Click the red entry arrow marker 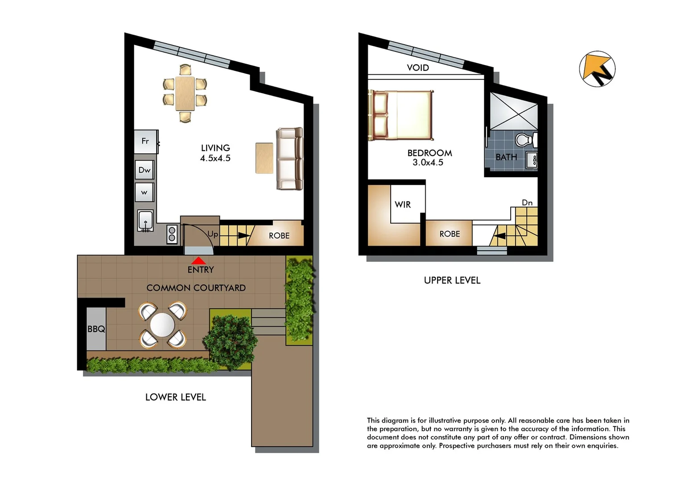click(198, 261)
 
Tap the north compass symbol click(597, 69)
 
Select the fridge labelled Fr click(146, 141)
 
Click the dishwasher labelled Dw click(144, 170)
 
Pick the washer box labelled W click(144, 192)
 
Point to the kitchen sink click(145, 220)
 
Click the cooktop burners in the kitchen click(172, 234)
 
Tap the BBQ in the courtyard click(96, 329)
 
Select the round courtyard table click(163, 325)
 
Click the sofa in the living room click(289, 159)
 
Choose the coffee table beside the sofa click(264, 158)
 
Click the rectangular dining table click(185, 94)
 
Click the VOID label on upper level click(418, 68)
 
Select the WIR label click(403, 204)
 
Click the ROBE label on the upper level click(449, 234)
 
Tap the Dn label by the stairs click(527, 203)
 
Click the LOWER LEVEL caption click(176, 397)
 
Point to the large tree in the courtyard click(231, 342)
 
